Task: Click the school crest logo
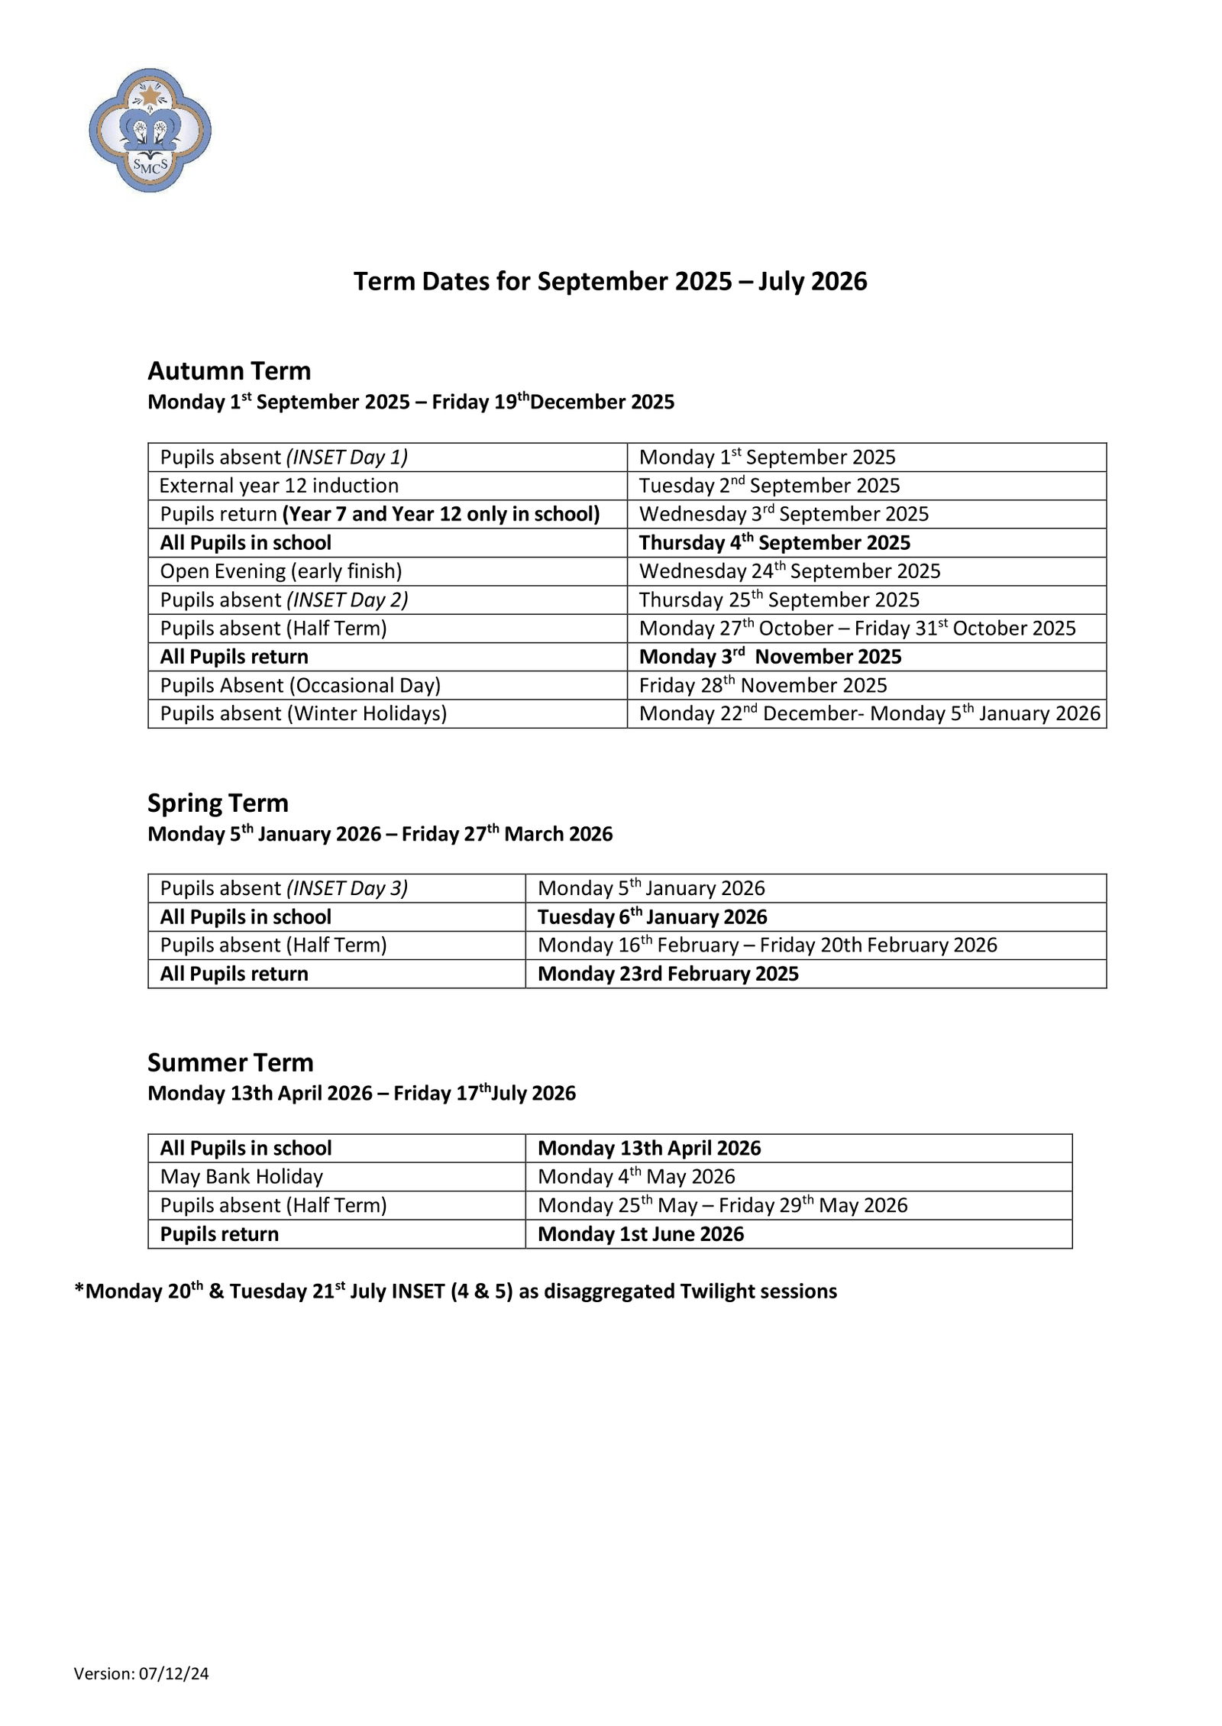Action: pyautogui.click(x=150, y=130)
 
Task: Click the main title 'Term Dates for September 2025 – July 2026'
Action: pyautogui.click(x=609, y=282)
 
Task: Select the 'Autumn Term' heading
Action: pyautogui.click(x=229, y=371)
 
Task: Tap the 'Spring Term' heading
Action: pyautogui.click(x=218, y=803)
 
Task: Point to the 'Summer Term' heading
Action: pyautogui.click(x=230, y=1063)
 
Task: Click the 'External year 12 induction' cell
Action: pyautogui.click(x=279, y=486)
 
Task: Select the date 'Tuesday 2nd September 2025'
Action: pyautogui.click(x=769, y=486)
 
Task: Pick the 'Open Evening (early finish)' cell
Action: pyautogui.click(x=281, y=571)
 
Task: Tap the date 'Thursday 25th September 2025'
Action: pyautogui.click(x=779, y=600)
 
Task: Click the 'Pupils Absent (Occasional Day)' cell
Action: pyautogui.click(x=300, y=686)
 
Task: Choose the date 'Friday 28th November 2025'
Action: pyautogui.click(x=762, y=686)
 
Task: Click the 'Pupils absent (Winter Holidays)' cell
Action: pyautogui.click(x=303, y=714)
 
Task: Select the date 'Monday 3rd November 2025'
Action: pyautogui.click(x=770, y=657)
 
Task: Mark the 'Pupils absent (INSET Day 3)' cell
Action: pyautogui.click(x=283, y=889)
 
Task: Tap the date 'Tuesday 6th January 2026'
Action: pyautogui.click(x=652, y=917)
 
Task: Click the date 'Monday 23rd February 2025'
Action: pyautogui.click(x=668, y=975)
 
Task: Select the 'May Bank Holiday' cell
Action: pyautogui.click(x=241, y=1177)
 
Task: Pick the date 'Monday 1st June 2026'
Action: pyautogui.click(x=640, y=1234)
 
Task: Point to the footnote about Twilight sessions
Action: pyautogui.click(x=455, y=1291)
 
